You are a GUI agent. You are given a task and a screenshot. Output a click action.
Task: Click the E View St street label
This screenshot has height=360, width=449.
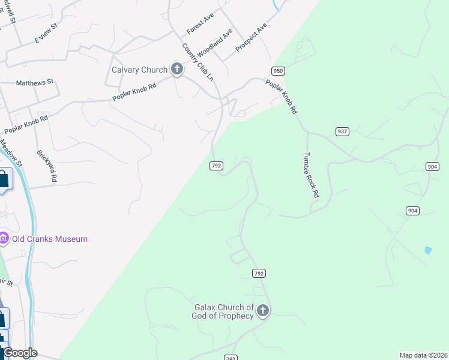tap(46, 34)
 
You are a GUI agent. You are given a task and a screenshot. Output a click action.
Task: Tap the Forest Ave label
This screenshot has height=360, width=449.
tap(200, 23)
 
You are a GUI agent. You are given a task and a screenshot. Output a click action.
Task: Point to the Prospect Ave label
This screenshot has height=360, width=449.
tap(251, 38)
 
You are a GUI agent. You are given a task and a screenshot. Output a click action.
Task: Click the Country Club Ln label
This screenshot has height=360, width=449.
tap(197, 62)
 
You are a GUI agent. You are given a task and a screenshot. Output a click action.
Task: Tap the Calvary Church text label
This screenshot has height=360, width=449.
tap(139, 70)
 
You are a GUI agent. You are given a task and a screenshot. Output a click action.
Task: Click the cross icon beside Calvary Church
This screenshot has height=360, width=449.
tap(176, 70)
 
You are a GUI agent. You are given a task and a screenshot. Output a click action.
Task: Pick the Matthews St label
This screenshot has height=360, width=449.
tap(35, 82)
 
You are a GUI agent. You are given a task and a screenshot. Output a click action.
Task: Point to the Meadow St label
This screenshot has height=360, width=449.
tap(10, 153)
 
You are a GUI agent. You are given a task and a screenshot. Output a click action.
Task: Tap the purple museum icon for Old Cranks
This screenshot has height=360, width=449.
tap(4, 239)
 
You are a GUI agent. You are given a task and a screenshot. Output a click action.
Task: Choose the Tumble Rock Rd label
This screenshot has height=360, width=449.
tap(310, 174)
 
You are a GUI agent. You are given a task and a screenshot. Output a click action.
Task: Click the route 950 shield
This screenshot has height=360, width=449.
tap(277, 70)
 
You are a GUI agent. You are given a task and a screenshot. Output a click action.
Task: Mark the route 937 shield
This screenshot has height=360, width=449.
tap(342, 131)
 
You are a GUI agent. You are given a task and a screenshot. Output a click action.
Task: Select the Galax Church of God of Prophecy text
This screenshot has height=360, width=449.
tap(223, 311)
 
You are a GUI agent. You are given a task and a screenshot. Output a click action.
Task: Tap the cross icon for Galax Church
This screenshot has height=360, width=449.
tap(262, 311)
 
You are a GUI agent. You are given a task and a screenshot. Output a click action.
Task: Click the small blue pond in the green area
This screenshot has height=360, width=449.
tap(428, 250)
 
